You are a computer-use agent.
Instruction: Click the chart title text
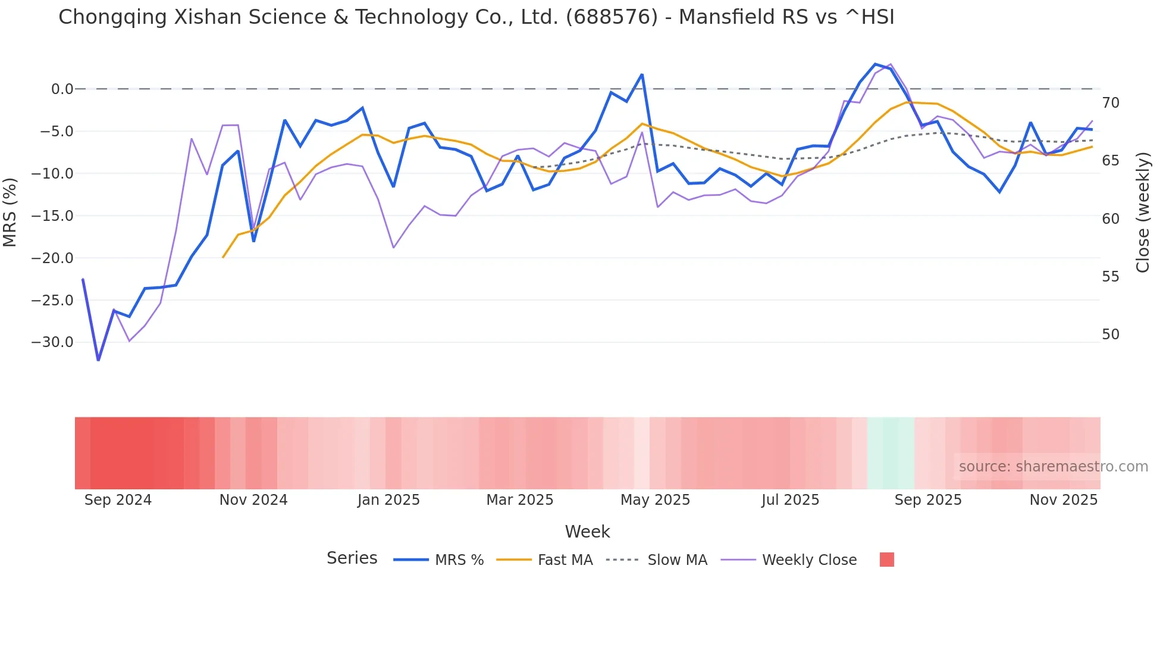point(476,17)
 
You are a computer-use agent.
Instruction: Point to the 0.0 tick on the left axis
point(62,89)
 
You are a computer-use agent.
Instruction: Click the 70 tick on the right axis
point(1111,103)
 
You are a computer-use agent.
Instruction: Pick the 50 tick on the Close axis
point(1111,335)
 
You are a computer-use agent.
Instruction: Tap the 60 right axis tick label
point(1111,219)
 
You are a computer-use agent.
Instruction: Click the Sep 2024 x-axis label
point(118,500)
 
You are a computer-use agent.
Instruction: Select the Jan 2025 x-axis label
point(388,500)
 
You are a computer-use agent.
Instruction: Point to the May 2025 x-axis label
point(655,500)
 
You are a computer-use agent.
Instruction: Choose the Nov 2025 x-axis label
point(1064,500)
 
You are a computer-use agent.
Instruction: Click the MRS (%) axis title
point(10,213)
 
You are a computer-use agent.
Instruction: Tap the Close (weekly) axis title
point(1143,213)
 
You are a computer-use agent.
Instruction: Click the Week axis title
point(587,532)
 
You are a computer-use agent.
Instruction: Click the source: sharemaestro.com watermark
point(1053,467)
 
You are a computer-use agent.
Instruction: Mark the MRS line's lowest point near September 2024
point(98,360)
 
